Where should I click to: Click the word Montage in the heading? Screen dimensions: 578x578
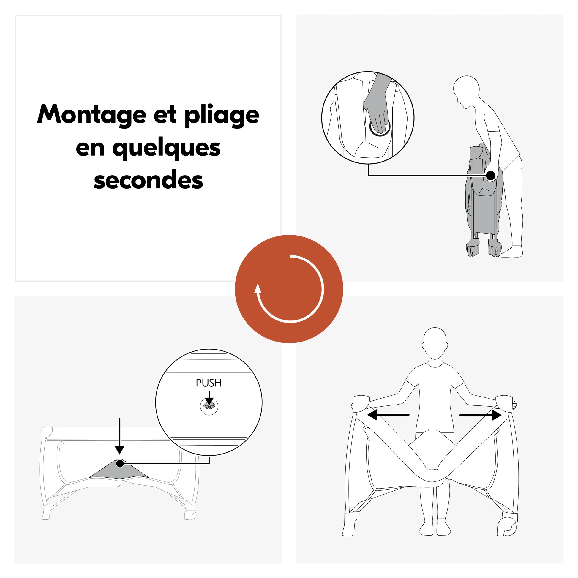tap(91, 115)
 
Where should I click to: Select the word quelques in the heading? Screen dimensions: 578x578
tap(166, 149)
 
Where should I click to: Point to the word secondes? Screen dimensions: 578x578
tap(149, 180)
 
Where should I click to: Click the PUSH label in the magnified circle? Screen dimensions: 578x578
tap(209, 383)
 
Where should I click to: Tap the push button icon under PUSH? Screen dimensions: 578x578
tap(209, 406)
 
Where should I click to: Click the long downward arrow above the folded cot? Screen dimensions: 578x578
tap(120, 436)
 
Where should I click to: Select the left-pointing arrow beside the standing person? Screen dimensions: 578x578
tap(388, 415)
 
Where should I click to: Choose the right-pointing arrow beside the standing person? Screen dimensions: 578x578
tap(481, 415)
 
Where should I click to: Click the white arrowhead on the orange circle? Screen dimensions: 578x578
tap(258, 289)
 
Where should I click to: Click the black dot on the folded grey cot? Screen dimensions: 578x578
tap(491, 176)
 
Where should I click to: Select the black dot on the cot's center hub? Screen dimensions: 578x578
tap(120, 463)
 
